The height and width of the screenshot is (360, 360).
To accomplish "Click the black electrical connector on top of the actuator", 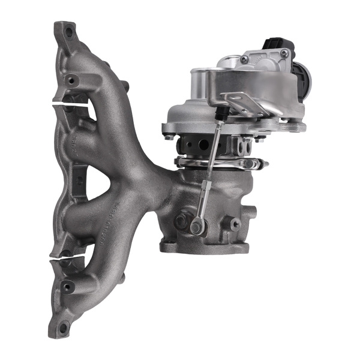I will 277,45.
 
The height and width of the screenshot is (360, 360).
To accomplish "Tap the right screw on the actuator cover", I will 284,54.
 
